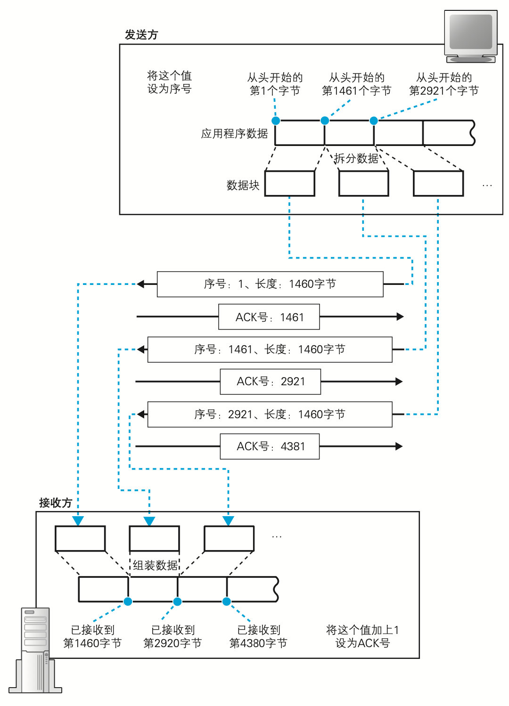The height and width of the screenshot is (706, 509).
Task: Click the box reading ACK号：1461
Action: pos(269,317)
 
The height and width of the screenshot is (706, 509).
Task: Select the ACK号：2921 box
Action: pos(271,381)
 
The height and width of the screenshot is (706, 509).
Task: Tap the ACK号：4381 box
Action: pos(270,446)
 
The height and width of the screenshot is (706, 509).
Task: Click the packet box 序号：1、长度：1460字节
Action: pos(270,284)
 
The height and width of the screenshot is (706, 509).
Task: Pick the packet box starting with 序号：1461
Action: pos(270,349)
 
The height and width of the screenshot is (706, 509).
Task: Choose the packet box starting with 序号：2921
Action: pos(270,414)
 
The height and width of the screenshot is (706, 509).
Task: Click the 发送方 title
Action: pos(141,35)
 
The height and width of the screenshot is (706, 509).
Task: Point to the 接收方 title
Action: pos(55,503)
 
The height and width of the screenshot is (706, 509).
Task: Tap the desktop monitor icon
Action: pos(471,36)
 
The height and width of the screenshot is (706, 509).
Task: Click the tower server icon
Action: pos(36,650)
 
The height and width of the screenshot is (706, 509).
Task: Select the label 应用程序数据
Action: pos(234,134)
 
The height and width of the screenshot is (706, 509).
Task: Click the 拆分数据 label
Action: pos(356,158)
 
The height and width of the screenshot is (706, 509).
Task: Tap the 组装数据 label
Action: pos(155,565)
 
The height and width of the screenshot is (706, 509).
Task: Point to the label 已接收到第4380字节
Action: pos(258,636)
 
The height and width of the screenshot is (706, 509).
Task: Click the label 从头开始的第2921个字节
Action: pos(443,84)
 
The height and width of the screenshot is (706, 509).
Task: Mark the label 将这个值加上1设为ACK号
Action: pos(362,636)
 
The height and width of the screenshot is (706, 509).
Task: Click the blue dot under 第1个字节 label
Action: pos(276,121)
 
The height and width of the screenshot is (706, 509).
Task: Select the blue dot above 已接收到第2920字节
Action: pos(177,601)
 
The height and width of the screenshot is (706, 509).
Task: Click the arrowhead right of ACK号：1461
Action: pos(400,317)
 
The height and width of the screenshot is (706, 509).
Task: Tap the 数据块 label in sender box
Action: pos(243,186)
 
